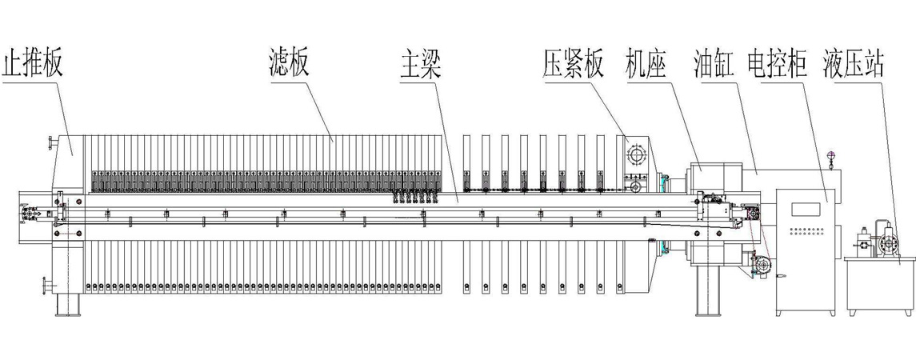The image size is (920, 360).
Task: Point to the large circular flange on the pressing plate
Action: pos(638,154)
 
